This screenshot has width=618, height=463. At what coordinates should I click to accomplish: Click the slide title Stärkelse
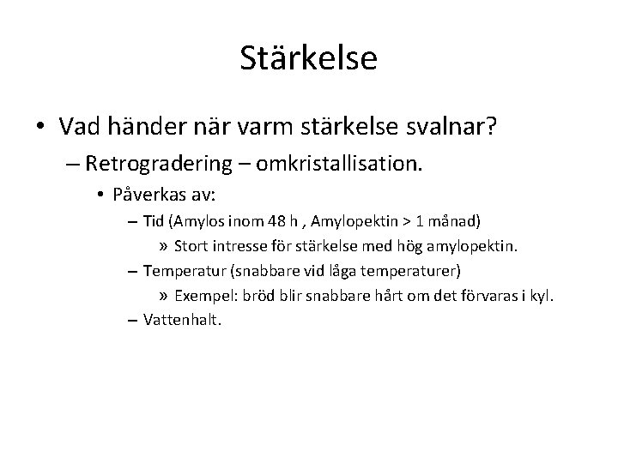(x=308, y=57)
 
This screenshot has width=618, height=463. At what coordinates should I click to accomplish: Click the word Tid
(x=154, y=221)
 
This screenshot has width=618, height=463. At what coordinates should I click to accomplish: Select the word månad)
(x=459, y=221)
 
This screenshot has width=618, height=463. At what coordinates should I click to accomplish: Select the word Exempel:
(x=205, y=296)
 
